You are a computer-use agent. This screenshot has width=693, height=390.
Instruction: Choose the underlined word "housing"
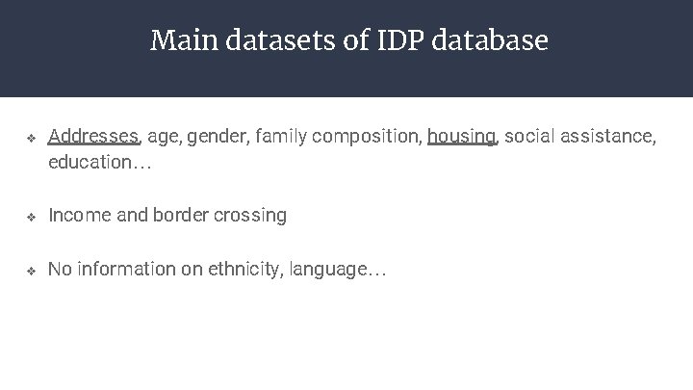pyautogui.click(x=462, y=137)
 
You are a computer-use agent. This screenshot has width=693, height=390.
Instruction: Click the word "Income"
pyautogui.click(x=79, y=216)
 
